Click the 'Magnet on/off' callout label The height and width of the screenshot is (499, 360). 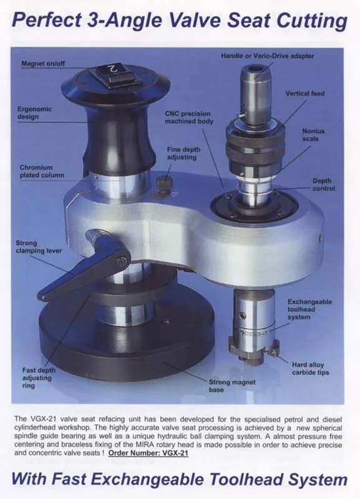pyautogui.click(x=43, y=64)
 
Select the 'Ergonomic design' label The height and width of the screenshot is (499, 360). pyautogui.click(x=34, y=113)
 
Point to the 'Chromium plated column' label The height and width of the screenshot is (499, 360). pyautogui.click(x=42, y=171)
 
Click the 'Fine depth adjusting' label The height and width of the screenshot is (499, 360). pyautogui.click(x=183, y=153)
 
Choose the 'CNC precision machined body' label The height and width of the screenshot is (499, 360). pyautogui.click(x=189, y=117)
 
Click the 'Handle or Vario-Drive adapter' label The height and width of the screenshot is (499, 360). pyautogui.click(x=268, y=56)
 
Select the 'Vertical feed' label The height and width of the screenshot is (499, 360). pyautogui.click(x=305, y=94)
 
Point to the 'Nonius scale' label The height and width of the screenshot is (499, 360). pyautogui.click(x=313, y=135)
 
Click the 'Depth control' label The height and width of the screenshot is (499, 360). pyautogui.click(x=324, y=185)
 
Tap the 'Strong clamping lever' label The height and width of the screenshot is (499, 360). pyautogui.click(x=39, y=247)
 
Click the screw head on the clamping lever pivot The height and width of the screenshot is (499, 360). pyautogui.click(x=121, y=261)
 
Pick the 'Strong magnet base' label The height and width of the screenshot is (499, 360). pyautogui.click(x=232, y=385)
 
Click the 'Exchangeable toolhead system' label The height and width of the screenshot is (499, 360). pyautogui.click(x=309, y=309)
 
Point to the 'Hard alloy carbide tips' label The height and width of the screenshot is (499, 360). pyautogui.click(x=310, y=369)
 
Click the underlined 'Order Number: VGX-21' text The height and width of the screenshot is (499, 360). pyautogui.click(x=148, y=453)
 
